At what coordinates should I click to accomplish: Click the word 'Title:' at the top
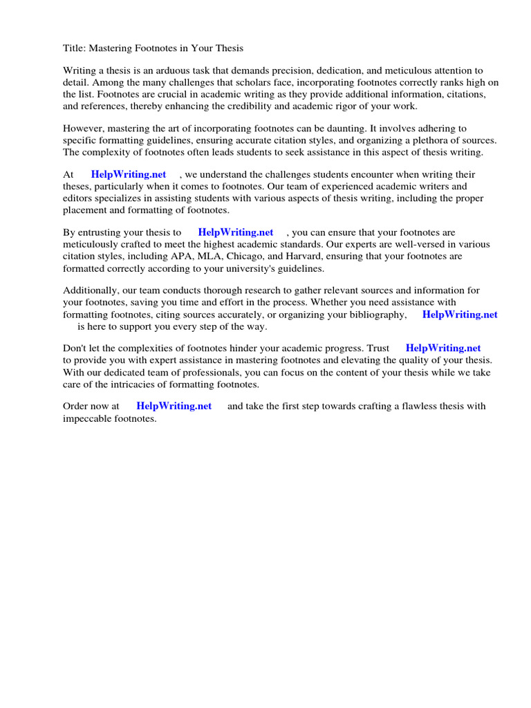76,48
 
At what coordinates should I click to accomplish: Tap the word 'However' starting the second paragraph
82,129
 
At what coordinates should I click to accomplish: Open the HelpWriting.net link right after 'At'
129,175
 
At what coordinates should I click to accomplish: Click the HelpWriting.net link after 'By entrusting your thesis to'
236,233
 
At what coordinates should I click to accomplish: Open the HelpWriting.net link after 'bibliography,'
460,315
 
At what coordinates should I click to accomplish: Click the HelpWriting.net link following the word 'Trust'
443,348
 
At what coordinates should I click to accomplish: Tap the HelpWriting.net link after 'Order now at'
174,407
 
